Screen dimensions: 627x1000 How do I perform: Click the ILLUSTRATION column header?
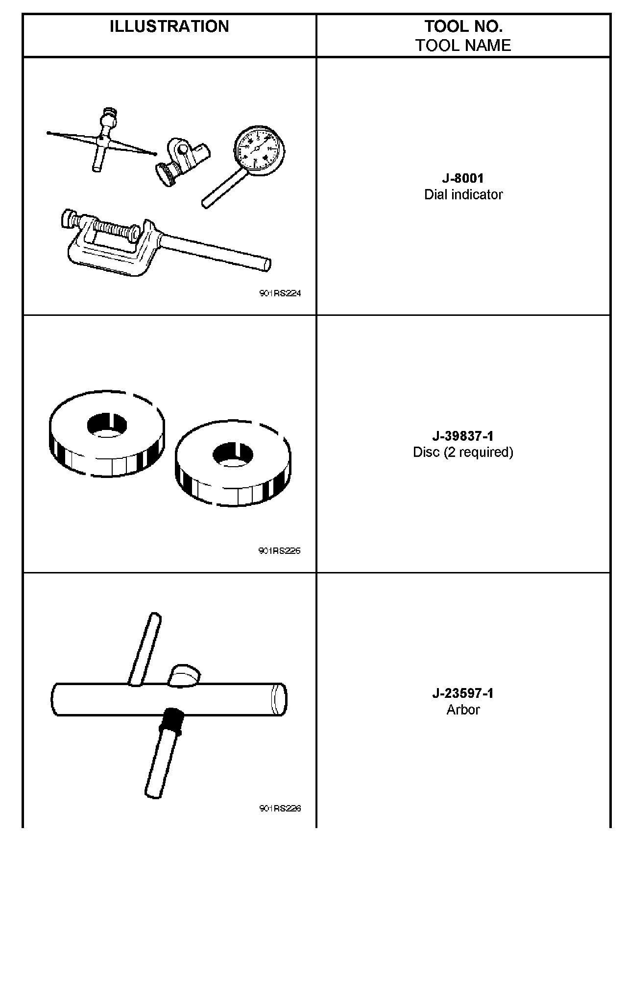coord(169,26)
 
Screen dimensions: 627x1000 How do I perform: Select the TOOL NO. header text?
coord(463,26)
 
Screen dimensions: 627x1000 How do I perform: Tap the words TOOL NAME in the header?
coord(463,46)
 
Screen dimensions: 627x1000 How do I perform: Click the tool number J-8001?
coord(463,178)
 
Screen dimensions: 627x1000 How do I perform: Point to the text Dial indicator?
coord(463,195)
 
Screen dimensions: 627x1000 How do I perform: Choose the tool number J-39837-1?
coord(463,436)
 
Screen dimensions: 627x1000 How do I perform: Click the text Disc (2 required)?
coord(463,452)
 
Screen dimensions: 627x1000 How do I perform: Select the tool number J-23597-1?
coord(463,693)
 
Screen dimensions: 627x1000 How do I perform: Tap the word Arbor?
coord(463,710)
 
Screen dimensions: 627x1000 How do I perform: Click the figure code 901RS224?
coord(280,293)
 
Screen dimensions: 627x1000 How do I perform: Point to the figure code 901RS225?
coord(280,550)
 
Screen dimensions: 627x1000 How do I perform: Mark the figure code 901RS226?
coord(280,808)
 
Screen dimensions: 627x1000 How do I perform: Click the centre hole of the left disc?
coord(107,424)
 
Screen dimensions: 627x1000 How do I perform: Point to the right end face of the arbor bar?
coord(279,699)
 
